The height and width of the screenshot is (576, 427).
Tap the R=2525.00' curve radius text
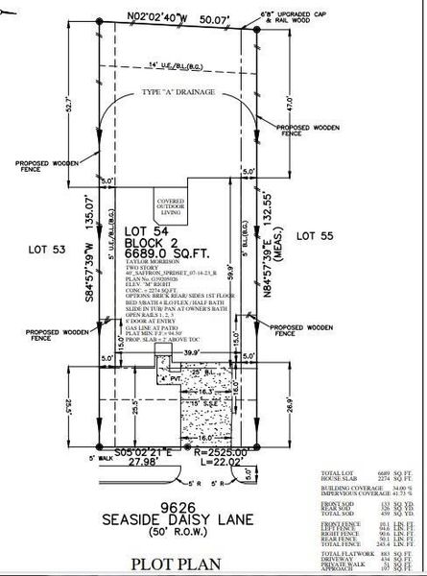(219, 450)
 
